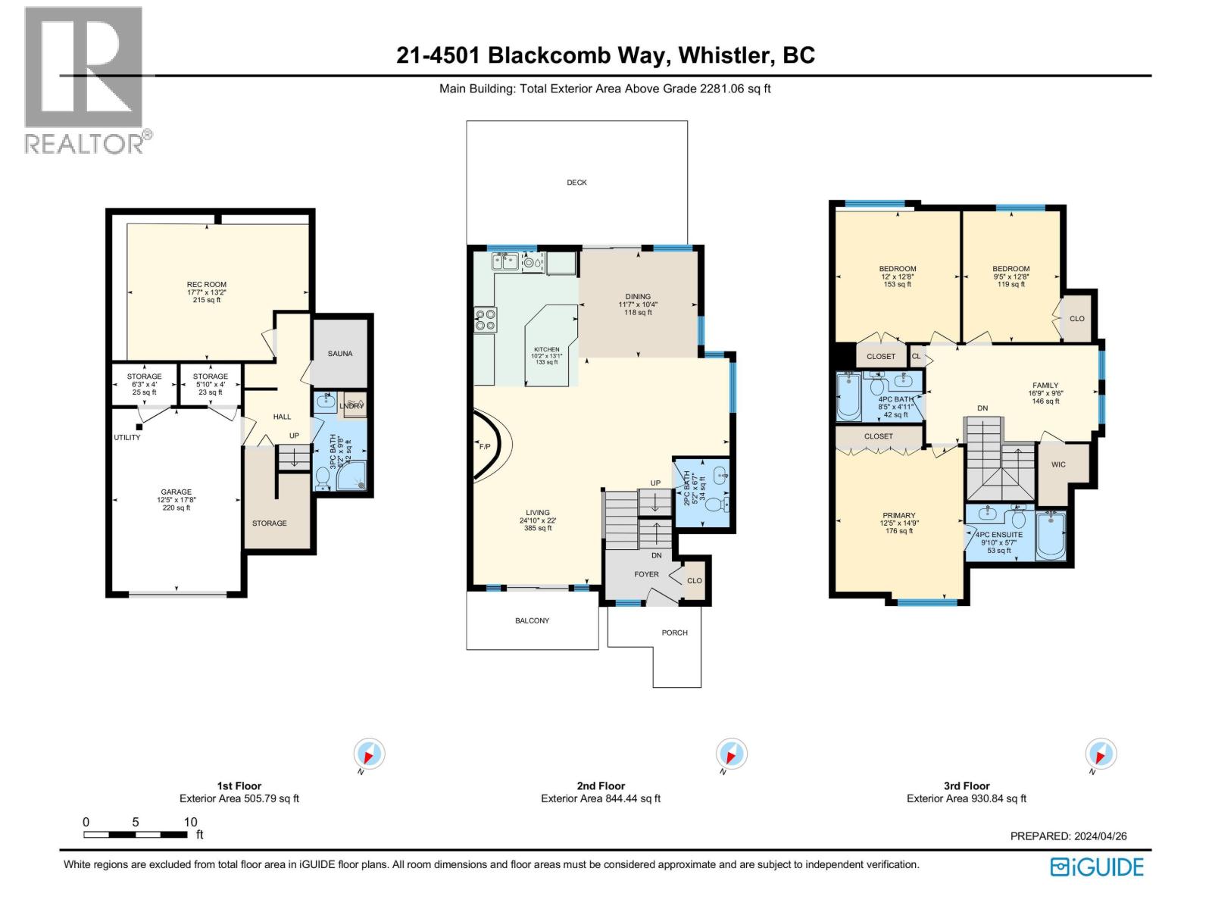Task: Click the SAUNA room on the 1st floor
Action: pyautogui.click(x=340, y=353)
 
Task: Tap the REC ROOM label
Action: pyautogui.click(x=206, y=285)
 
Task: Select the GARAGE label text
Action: pyautogui.click(x=176, y=492)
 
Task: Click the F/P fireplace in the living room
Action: pyautogui.click(x=485, y=446)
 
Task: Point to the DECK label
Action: pyautogui.click(x=576, y=183)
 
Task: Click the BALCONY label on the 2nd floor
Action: pyautogui.click(x=532, y=620)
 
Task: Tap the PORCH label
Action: pyautogui.click(x=674, y=633)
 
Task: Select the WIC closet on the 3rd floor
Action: pyautogui.click(x=1058, y=464)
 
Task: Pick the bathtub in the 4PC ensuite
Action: pyautogui.click(x=1051, y=536)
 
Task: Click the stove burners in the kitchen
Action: pyautogui.click(x=485, y=320)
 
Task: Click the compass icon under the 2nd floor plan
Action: pyautogui.click(x=731, y=754)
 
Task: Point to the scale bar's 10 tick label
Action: pyautogui.click(x=190, y=822)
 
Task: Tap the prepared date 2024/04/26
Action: pyautogui.click(x=1100, y=836)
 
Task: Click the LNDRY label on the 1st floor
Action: pyautogui.click(x=351, y=406)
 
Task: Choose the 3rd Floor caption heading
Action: pyautogui.click(x=966, y=786)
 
